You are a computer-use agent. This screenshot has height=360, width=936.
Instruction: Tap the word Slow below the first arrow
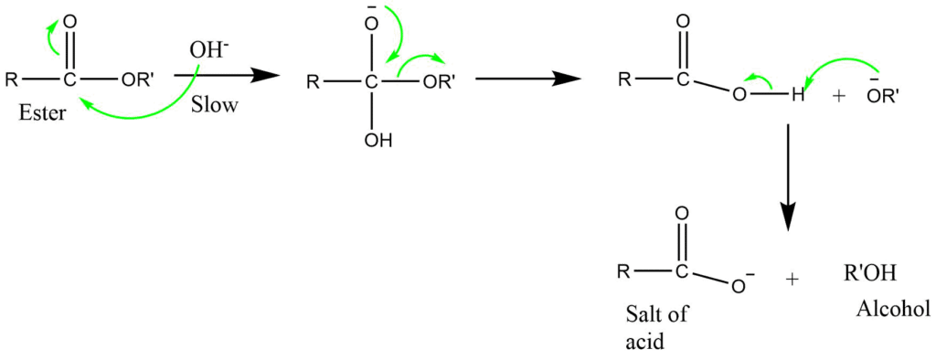pos(216,106)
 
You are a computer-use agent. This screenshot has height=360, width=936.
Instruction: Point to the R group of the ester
pos(10,79)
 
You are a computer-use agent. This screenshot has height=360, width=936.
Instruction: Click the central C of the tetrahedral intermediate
pos(371,81)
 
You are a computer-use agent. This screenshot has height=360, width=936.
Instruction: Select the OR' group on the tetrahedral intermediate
pos(437,80)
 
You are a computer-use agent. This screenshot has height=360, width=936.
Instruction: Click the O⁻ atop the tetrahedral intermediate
pos(371,22)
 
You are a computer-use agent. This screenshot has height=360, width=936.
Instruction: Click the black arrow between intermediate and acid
pos(530,80)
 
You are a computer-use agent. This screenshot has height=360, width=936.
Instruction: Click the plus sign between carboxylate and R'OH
pos(792,279)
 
